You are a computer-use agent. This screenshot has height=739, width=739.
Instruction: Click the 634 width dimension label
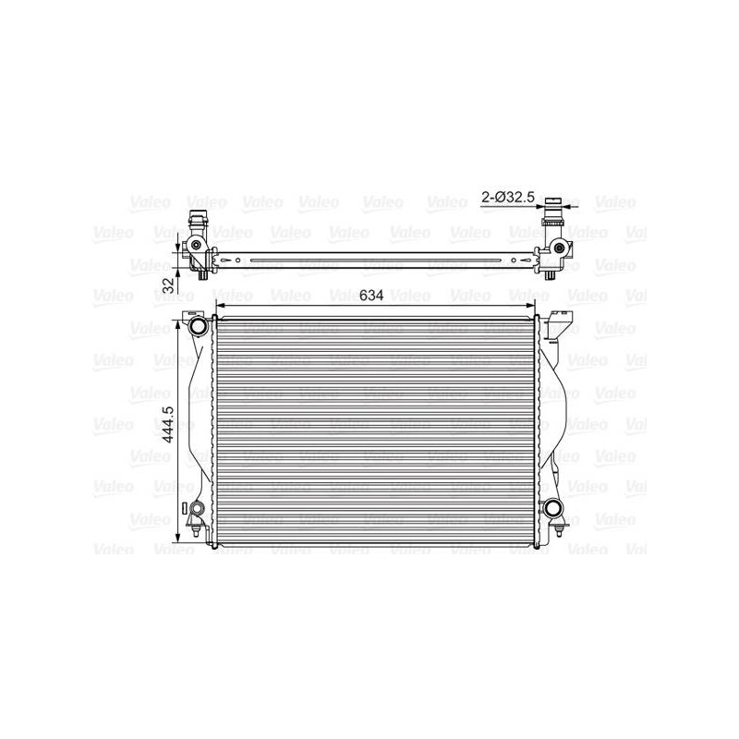click(x=371, y=296)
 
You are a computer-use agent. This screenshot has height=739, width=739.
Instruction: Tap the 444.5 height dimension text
click(x=168, y=425)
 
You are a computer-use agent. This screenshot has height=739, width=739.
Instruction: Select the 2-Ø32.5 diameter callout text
click(x=508, y=197)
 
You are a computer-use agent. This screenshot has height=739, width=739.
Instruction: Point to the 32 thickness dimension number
click(x=168, y=285)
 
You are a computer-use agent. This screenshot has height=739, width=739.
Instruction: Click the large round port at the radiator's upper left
click(x=198, y=326)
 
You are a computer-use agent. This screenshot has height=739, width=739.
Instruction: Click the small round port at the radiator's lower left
click(x=197, y=509)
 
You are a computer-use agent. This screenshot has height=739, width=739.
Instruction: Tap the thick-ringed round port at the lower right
click(x=553, y=508)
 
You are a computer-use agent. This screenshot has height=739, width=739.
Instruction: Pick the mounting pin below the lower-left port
click(x=196, y=530)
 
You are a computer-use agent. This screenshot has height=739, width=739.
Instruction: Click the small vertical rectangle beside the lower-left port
click(x=185, y=508)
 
